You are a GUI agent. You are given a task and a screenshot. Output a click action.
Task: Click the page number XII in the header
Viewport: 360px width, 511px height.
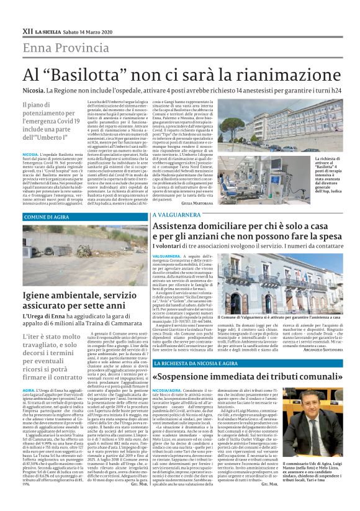27,30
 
